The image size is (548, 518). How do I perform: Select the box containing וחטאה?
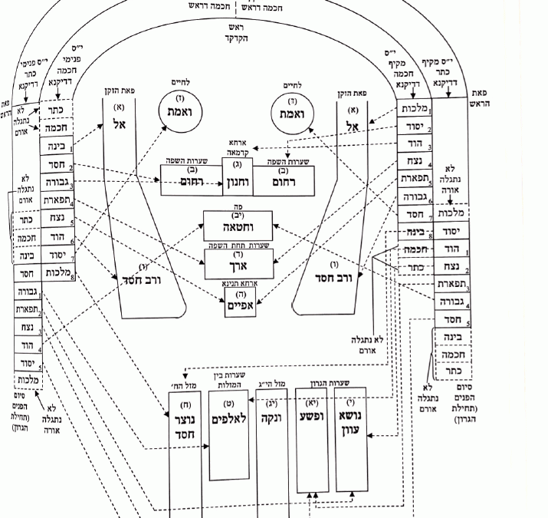pos(237,227)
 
